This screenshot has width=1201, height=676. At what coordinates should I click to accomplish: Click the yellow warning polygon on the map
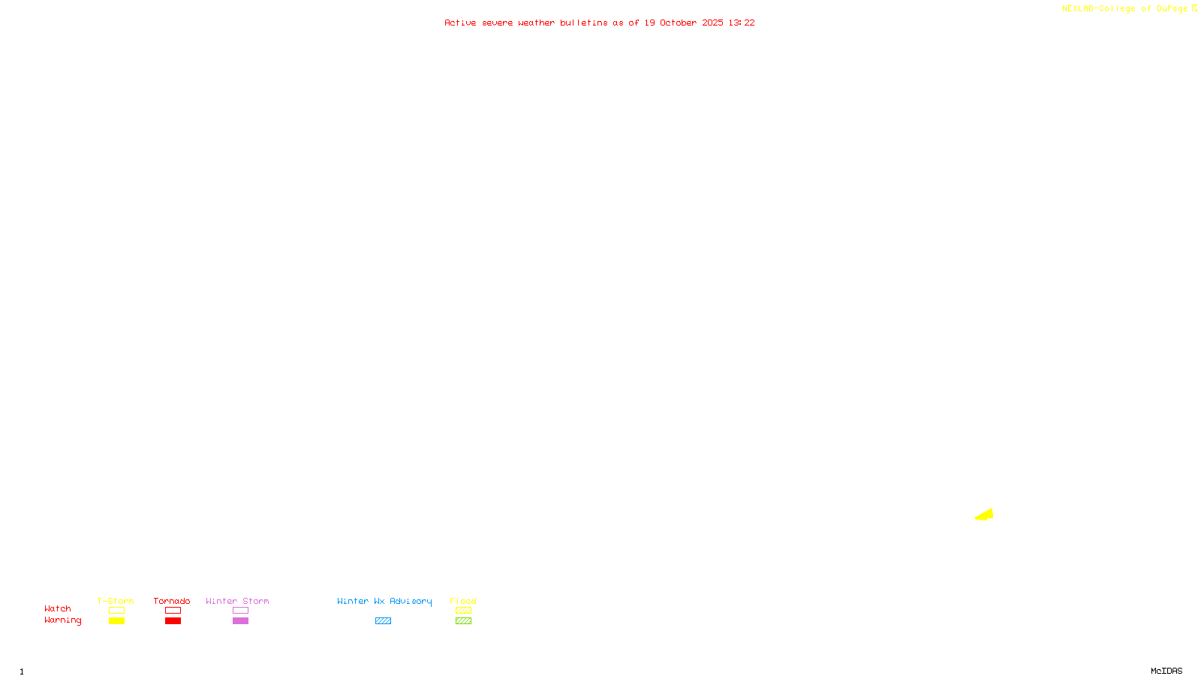point(986,515)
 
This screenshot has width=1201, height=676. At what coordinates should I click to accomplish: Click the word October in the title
point(678,23)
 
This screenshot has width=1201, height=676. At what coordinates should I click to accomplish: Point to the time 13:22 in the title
point(742,23)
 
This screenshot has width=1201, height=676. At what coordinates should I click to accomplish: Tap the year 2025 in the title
point(712,23)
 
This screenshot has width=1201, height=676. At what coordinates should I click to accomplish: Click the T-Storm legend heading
point(116,601)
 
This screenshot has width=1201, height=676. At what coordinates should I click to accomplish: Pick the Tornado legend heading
point(172,601)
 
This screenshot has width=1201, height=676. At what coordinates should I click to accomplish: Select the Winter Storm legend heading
point(237,601)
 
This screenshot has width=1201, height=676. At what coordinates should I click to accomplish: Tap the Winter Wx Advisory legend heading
point(384,601)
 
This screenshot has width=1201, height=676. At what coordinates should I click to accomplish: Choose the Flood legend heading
point(463,601)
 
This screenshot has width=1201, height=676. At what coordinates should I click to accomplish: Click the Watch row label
point(58,609)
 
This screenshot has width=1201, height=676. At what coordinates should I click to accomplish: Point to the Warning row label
point(63,620)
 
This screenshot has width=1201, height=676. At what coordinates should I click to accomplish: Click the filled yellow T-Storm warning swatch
point(116,621)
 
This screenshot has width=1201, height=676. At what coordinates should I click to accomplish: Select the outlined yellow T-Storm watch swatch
point(116,611)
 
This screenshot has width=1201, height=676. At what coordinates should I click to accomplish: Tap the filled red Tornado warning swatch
point(173,621)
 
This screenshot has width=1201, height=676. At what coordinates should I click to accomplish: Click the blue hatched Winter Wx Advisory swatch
point(383,621)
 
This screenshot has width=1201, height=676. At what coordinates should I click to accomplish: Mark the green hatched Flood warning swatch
point(463,621)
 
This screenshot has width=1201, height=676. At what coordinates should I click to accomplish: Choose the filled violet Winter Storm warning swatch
point(240,621)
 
